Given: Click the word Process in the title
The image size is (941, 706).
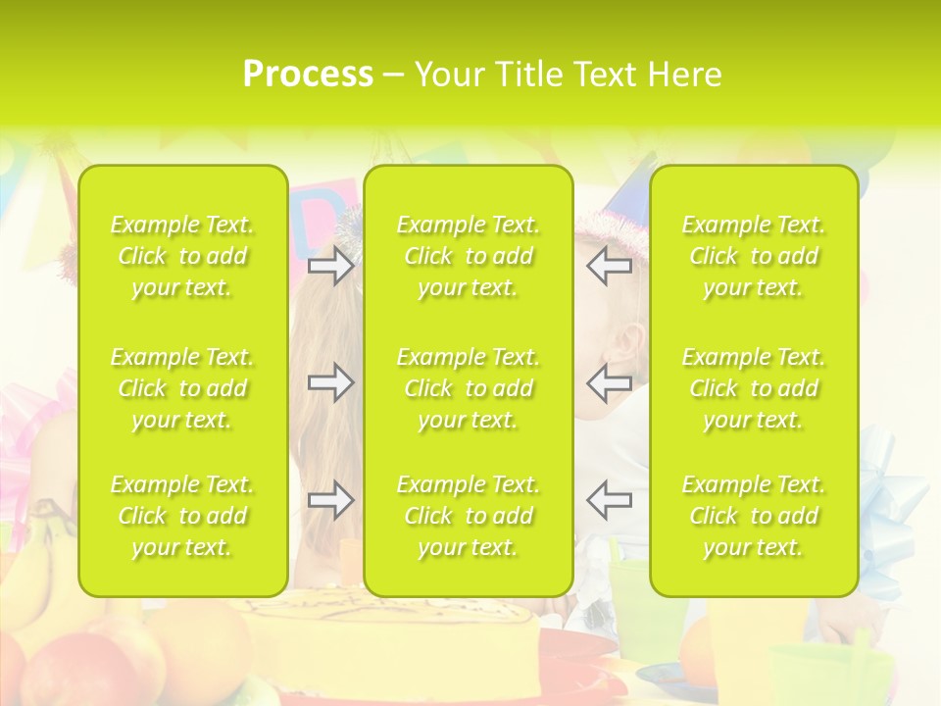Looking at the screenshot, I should (x=308, y=75).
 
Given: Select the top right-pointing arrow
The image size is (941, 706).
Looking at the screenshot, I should (x=330, y=266).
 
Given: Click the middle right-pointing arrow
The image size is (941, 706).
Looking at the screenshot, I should (x=330, y=382).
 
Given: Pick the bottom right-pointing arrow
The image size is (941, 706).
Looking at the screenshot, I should (x=330, y=500).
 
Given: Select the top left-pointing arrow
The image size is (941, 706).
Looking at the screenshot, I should (x=609, y=266).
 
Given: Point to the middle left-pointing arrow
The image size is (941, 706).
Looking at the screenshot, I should (x=609, y=382).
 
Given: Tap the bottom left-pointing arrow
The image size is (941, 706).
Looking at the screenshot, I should (x=609, y=500).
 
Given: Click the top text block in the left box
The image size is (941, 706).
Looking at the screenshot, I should (x=182, y=256).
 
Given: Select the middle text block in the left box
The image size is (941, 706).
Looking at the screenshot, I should (x=182, y=388).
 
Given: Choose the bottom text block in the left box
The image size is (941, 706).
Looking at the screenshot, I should (x=182, y=516).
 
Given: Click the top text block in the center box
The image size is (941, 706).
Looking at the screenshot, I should (x=468, y=256).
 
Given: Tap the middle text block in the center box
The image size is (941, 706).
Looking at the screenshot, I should (x=468, y=388).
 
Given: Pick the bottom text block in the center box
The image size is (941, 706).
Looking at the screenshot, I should (x=468, y=516).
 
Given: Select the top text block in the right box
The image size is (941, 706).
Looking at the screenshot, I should (x=753, y=256).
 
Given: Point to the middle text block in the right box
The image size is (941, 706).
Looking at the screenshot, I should (x=753, y=388).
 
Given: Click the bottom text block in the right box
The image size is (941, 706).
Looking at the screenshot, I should (x=753, y=516).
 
